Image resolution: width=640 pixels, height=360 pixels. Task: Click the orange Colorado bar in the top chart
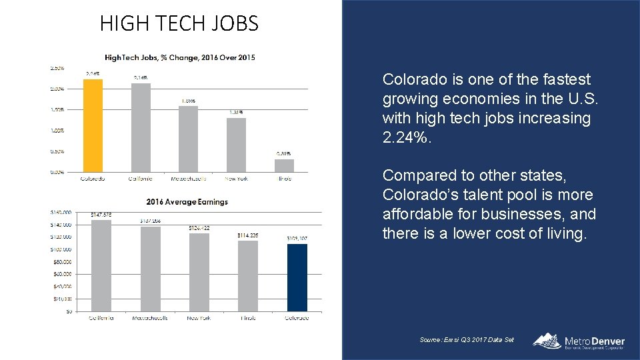click(x=92, y=125)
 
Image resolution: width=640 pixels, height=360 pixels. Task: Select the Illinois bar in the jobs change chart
click(x=284, y=165)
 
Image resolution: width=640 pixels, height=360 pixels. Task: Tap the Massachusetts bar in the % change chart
click(x=188, y=139)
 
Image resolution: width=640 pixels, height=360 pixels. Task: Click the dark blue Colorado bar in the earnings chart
click(x=297, y=277)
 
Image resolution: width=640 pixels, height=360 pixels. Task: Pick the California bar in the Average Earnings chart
click(x=101, y=265)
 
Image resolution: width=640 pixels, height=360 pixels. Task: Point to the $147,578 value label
click(x=101, y=215)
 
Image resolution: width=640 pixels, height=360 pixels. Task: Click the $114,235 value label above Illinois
click(x=247, y=235)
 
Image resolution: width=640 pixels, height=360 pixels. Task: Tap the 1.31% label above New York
click(x=236, y=113)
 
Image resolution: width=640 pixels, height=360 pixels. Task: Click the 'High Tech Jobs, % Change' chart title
click(x=179, y=57)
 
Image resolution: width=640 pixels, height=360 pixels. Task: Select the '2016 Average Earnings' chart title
click(x=187, y=201)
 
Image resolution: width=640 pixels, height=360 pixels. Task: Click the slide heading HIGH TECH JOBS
click(x=179, y=24)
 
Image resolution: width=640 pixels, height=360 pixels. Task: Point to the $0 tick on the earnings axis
click(x=69, y=311)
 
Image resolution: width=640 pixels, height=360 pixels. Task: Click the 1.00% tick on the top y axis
click(x=57, y=130)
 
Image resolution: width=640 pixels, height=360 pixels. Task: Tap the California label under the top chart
click(x=140, y=179)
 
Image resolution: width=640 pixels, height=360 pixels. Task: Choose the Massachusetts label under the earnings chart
click(x=150, y=318)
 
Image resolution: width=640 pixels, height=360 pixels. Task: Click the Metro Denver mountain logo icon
click(x=547, y=340)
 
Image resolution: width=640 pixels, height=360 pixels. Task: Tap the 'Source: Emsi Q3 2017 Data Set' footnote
click(x=467, y=340)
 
